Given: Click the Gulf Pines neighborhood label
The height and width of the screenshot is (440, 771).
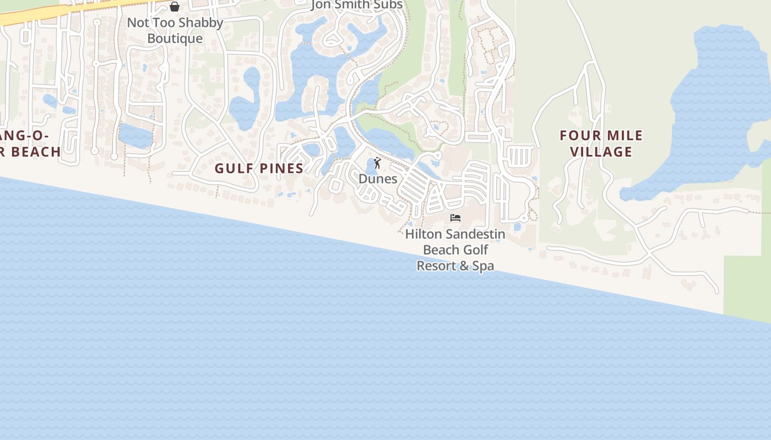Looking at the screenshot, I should pos(259,168).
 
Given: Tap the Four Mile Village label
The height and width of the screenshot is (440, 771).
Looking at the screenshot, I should pos(601,144).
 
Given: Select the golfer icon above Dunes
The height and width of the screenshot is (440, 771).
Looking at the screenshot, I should pos(377,163).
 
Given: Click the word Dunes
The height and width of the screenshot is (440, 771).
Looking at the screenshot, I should pos(378,179).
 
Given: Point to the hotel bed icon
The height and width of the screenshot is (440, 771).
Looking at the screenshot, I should pos(455,218).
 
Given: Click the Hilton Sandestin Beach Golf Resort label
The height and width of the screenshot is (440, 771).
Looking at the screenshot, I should pos(455,250).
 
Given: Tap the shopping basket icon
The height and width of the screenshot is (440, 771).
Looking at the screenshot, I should pos(175,7).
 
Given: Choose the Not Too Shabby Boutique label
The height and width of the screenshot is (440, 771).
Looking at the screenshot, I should pos(175,30).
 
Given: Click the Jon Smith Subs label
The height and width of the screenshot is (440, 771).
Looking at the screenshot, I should pos(357,5).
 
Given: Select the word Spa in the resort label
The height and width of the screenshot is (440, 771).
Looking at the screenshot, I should pos(482,266).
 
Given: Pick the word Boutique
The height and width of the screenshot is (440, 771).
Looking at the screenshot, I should pos(175,38).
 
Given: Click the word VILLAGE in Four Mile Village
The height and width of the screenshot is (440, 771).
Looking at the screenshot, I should pos(601,152).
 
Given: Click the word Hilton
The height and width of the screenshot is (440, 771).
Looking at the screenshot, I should pos(423,234).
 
